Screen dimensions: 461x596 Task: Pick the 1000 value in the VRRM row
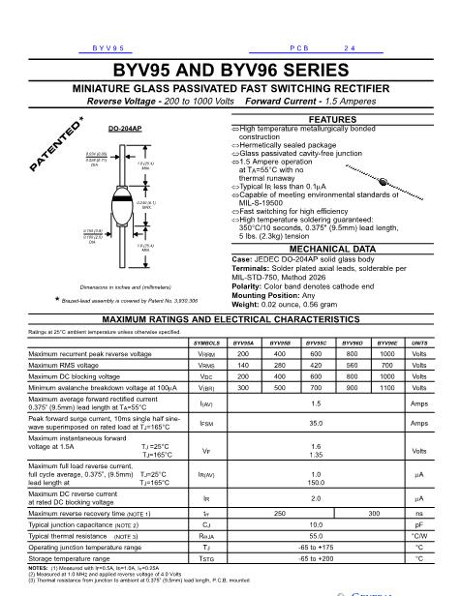(x=386, y=355)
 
